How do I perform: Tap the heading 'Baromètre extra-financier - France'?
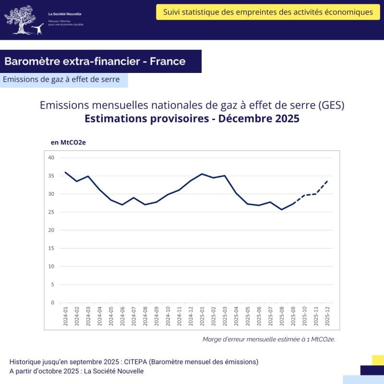click(95, 61)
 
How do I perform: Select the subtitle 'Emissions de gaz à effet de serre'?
click(61, 80)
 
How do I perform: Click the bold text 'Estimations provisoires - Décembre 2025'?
click(192, 119)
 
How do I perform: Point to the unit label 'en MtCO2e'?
click(68, 143)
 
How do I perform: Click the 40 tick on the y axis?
click(51, 157)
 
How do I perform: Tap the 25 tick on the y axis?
click(51, 212)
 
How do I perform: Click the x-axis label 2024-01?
click(66, 317)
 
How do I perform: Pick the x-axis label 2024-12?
click(191, 317)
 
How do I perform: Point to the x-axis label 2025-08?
click(282, 317)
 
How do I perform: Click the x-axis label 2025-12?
click(327, 317)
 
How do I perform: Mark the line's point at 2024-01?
click(65, 172)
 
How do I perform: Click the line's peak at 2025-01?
click(202, 174)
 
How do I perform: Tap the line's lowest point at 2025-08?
click(282, 209)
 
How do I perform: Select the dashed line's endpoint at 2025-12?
click(327, 180)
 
